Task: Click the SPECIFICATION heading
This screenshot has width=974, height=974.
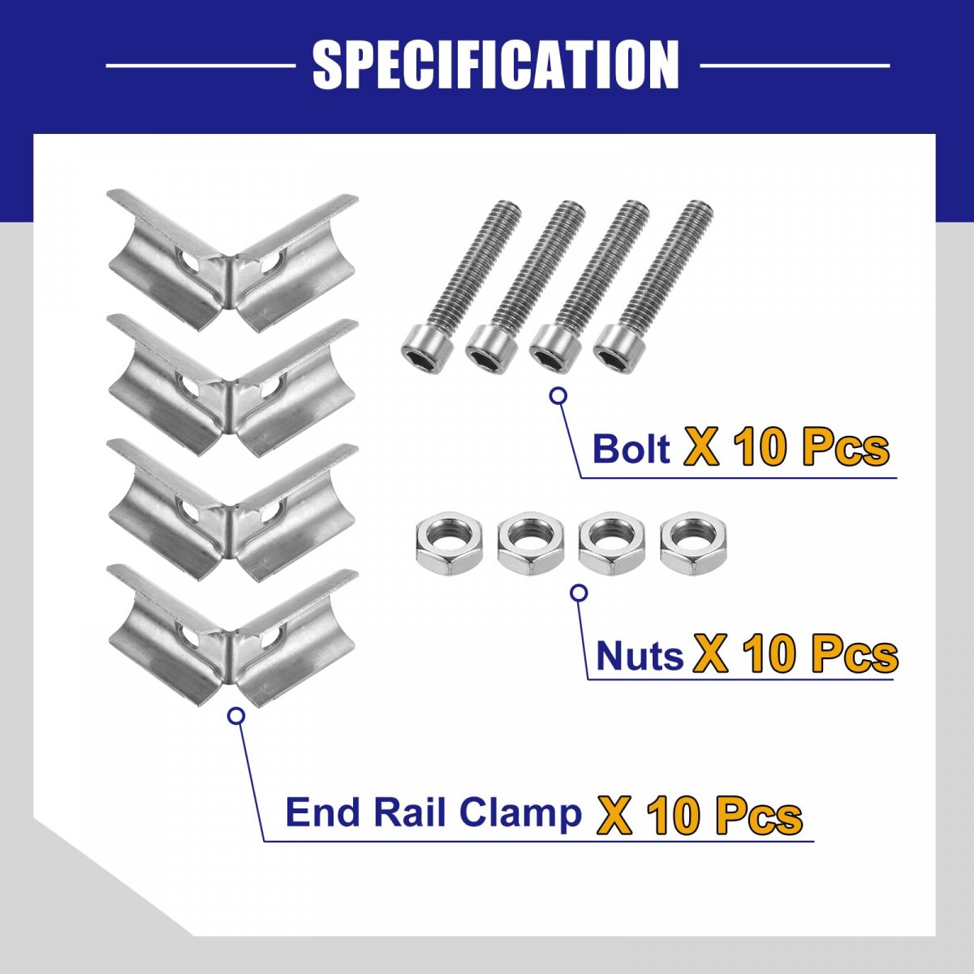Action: tap(495, 66)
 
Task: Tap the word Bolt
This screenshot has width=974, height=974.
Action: tap(631, 449)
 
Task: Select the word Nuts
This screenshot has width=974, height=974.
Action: tap(640, 655)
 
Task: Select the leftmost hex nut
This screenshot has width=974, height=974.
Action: tap(448, 549)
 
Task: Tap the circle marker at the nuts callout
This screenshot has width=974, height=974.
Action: tap(579, 593)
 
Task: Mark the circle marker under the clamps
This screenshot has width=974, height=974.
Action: tap(236, 716)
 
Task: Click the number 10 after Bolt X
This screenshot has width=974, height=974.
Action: tap(762, 448)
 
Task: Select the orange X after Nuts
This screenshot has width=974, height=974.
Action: tap(711, 655)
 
